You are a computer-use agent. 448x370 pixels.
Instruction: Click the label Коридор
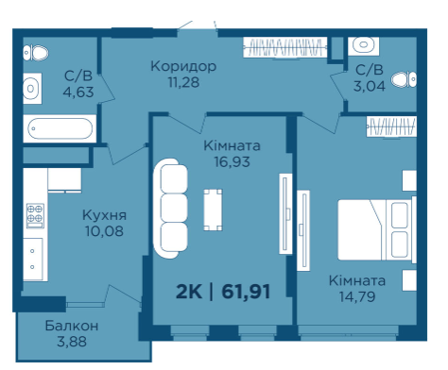point(183,67)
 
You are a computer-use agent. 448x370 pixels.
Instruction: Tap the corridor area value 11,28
point(183,82)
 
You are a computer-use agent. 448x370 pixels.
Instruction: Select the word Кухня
point(104,215)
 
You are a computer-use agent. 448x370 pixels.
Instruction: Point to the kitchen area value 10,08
point(104,231)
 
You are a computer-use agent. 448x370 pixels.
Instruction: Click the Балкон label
point(72,326)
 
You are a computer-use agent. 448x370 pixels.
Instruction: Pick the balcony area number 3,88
point(72,342)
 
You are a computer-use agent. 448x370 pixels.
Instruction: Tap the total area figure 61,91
point(246,292)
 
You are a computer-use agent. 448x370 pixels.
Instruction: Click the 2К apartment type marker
point(189,292)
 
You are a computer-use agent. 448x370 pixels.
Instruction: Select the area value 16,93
point(233,161)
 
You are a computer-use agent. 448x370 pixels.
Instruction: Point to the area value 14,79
point(357,296)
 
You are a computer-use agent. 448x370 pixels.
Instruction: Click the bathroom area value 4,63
point(78,92)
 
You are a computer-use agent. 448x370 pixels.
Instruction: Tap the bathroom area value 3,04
point(370,86)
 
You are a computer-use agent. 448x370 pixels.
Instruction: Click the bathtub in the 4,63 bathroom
point(60,128)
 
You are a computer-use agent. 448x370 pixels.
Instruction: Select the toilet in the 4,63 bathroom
point(36,53)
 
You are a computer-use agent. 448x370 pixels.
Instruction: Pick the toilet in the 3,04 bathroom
point(404,79)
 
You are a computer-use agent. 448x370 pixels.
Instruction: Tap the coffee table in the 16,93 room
point(213,210)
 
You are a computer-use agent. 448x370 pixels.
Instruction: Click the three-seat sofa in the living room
point(171,209)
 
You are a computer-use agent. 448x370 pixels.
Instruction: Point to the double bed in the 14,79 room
point(377,229)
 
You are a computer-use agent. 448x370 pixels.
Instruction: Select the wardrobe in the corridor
point(285,47)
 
